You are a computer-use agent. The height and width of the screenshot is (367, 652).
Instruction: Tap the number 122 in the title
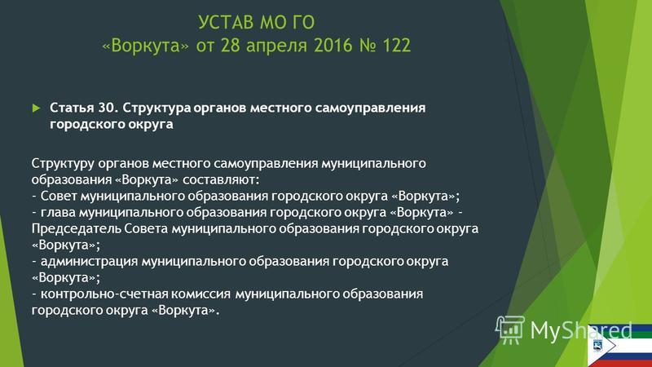(x=396, y=46)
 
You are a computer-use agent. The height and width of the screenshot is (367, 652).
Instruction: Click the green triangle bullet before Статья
(x=36, y=108)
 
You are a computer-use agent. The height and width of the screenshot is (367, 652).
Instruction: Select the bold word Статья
(x=72, y=108)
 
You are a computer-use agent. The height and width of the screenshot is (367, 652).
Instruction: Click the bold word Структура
(x=156, y=109)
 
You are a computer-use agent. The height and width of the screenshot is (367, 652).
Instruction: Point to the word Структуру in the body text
(x=63, y=164)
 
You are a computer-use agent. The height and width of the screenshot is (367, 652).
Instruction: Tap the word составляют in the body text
(x=221, y=179)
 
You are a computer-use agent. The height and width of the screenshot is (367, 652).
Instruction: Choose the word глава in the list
(x=58, y=213)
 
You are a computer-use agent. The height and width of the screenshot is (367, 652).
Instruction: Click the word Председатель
(x=76, y=229)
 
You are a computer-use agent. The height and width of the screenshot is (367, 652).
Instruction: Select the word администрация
(x=89, y=262)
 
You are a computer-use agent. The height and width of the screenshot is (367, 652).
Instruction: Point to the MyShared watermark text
(x=581, y=330)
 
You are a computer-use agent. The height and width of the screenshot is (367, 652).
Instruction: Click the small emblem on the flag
(x=598, y=345)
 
